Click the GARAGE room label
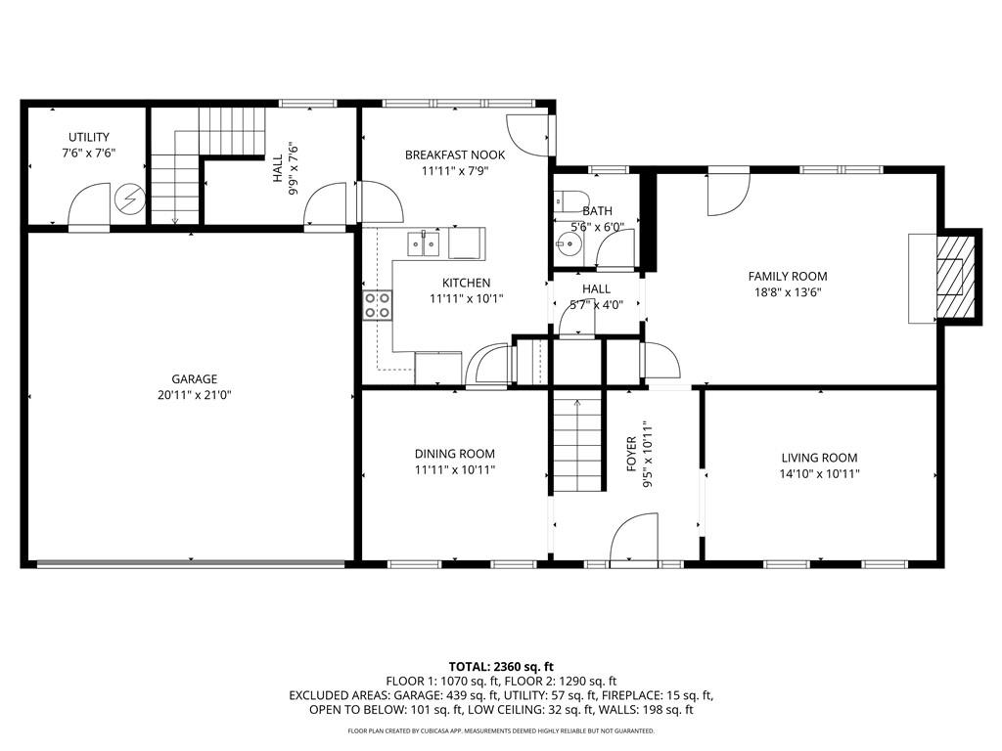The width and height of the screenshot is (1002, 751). (194, 379)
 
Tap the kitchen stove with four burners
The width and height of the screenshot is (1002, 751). (379, 306)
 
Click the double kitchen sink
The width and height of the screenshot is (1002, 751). (424, 243)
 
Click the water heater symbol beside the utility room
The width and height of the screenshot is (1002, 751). (128, 200)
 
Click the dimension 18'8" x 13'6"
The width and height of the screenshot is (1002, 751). (787, 292)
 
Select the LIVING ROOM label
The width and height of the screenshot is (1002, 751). (819, 458)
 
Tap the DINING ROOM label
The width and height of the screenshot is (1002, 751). (454, 454)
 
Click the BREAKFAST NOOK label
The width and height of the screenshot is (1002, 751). (455, 155)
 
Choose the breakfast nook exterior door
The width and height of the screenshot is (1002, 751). (528, 136)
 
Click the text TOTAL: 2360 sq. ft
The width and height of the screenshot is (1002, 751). (500, 665)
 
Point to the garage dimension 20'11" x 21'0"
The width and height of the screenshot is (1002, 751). (194, 395)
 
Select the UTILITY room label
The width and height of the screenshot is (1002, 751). (88, 137)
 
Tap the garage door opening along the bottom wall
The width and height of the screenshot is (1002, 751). (190, 563)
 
